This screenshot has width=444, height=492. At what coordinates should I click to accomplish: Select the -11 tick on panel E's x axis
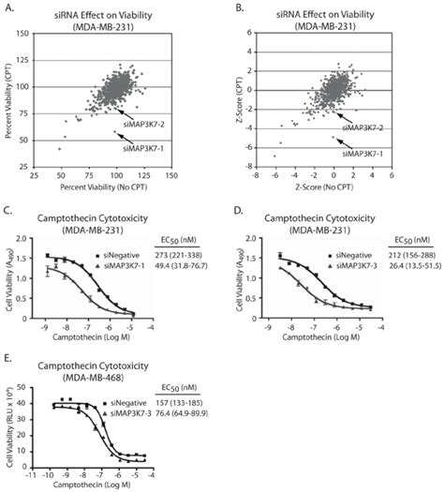tap(31, 468)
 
